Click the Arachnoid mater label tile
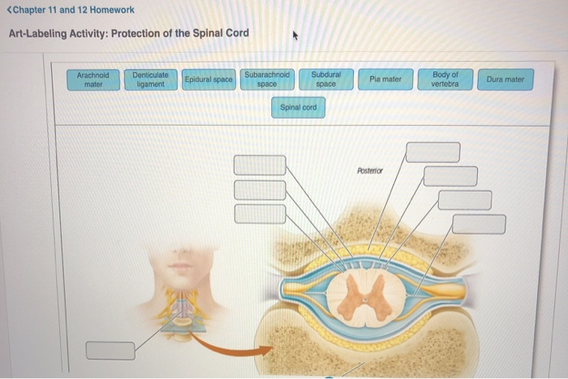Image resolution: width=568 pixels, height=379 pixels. pos(94,80)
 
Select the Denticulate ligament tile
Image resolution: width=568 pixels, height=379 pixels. pos(150,80)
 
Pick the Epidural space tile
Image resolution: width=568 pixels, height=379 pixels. pos(209,80)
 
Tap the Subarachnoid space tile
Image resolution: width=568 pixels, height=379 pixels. pos(267,79)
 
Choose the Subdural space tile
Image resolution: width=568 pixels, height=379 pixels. pos(325,79)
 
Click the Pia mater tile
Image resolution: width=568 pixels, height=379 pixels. pos(385,80)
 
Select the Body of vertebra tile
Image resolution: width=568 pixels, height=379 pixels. pos(445,80)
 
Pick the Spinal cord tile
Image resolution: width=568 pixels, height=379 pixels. pos(298,107)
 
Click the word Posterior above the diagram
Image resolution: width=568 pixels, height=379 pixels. pos(369,170)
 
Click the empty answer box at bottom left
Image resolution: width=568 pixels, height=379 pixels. pos(110,351)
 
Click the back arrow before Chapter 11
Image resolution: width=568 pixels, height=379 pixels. pos(7,10)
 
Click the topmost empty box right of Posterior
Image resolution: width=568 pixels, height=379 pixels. pos(432,152)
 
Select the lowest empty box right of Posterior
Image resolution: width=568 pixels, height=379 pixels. pos(479,223)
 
